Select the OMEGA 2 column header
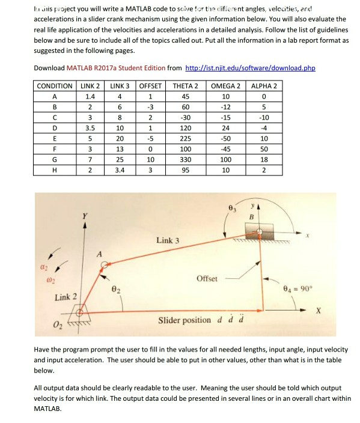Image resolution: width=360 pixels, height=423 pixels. pyautogui.click(x=226, y=86)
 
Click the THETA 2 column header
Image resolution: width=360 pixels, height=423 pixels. pyautogui.click(x=185, y=86)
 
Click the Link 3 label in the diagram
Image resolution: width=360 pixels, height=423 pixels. pyautogui.click(x=168, y=240)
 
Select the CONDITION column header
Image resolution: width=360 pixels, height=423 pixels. pyautogui.click(x=55, y=86)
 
